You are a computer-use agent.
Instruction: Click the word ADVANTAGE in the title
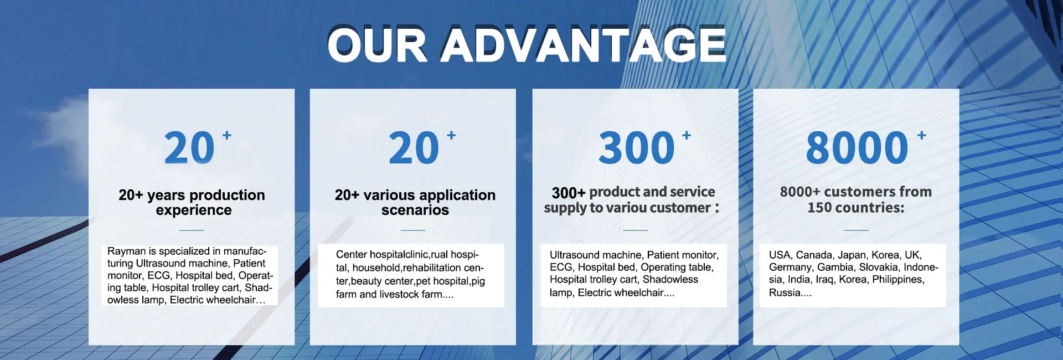coord(582,45)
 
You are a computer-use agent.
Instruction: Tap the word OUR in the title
coord(377,45)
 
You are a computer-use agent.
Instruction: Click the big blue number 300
coord(636,148)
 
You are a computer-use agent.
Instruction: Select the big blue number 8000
coord(857,148)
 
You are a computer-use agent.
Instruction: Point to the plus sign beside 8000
coord(922,135)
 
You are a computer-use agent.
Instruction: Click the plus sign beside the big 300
coord(687,135)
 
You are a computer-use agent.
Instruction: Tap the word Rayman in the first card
coord(126,251)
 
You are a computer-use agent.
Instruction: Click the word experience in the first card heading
coord(194,210)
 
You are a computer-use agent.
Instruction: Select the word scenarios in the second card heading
coord(415,210)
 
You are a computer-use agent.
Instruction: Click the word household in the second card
coord(376,268)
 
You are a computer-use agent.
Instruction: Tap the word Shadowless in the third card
coord(670,280)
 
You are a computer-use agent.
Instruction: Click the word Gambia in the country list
coord(835,268)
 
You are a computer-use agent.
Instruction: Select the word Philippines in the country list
coord(898,280)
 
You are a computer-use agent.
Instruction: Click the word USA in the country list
coord(780,255)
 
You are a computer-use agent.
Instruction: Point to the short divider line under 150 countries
coord(856,230)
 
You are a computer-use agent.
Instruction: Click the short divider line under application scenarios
coord(413,230)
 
